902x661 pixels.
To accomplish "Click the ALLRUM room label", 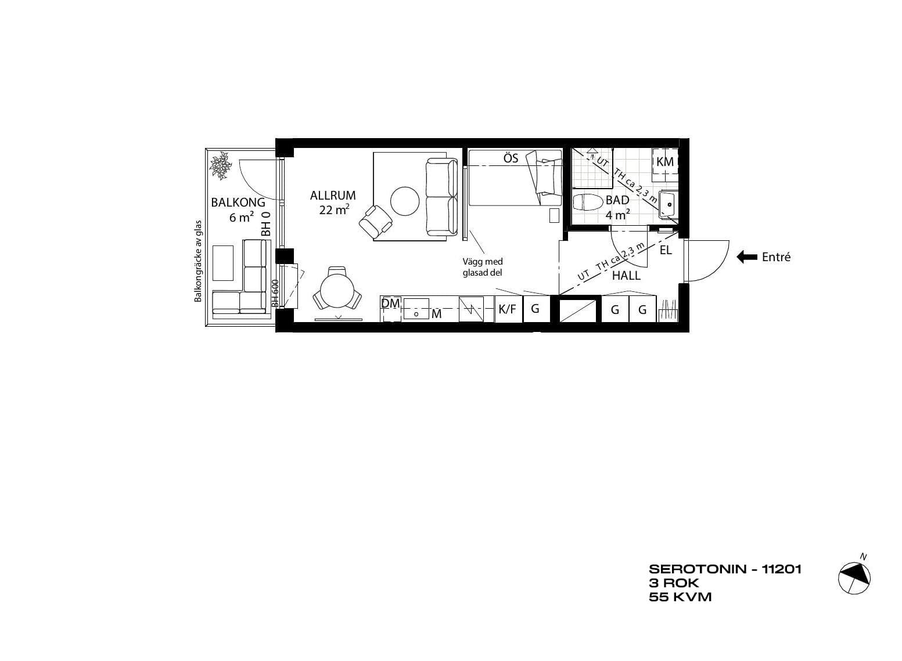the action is coord(333,196).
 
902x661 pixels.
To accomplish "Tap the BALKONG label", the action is coord(238,203).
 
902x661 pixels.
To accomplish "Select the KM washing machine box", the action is coord(665,161).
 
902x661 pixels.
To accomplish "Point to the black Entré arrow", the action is coord(747,257).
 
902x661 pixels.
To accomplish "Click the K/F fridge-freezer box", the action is coord(508,309).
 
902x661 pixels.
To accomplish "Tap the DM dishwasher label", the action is coord(390,304).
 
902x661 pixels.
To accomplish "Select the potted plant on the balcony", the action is coord(221,165).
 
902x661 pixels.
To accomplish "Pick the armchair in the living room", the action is coord(376,221).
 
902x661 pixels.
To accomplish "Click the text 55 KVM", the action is coord(680,597).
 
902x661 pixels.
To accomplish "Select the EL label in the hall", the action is coord(666,250).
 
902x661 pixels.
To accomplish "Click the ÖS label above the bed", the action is coord(511,158).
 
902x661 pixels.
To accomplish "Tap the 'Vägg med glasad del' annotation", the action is coord(483,267).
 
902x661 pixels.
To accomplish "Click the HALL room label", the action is coord(626,276).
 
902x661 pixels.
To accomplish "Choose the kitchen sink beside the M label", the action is coord(416,309).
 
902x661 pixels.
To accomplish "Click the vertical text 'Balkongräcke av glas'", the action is coord(197,261).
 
